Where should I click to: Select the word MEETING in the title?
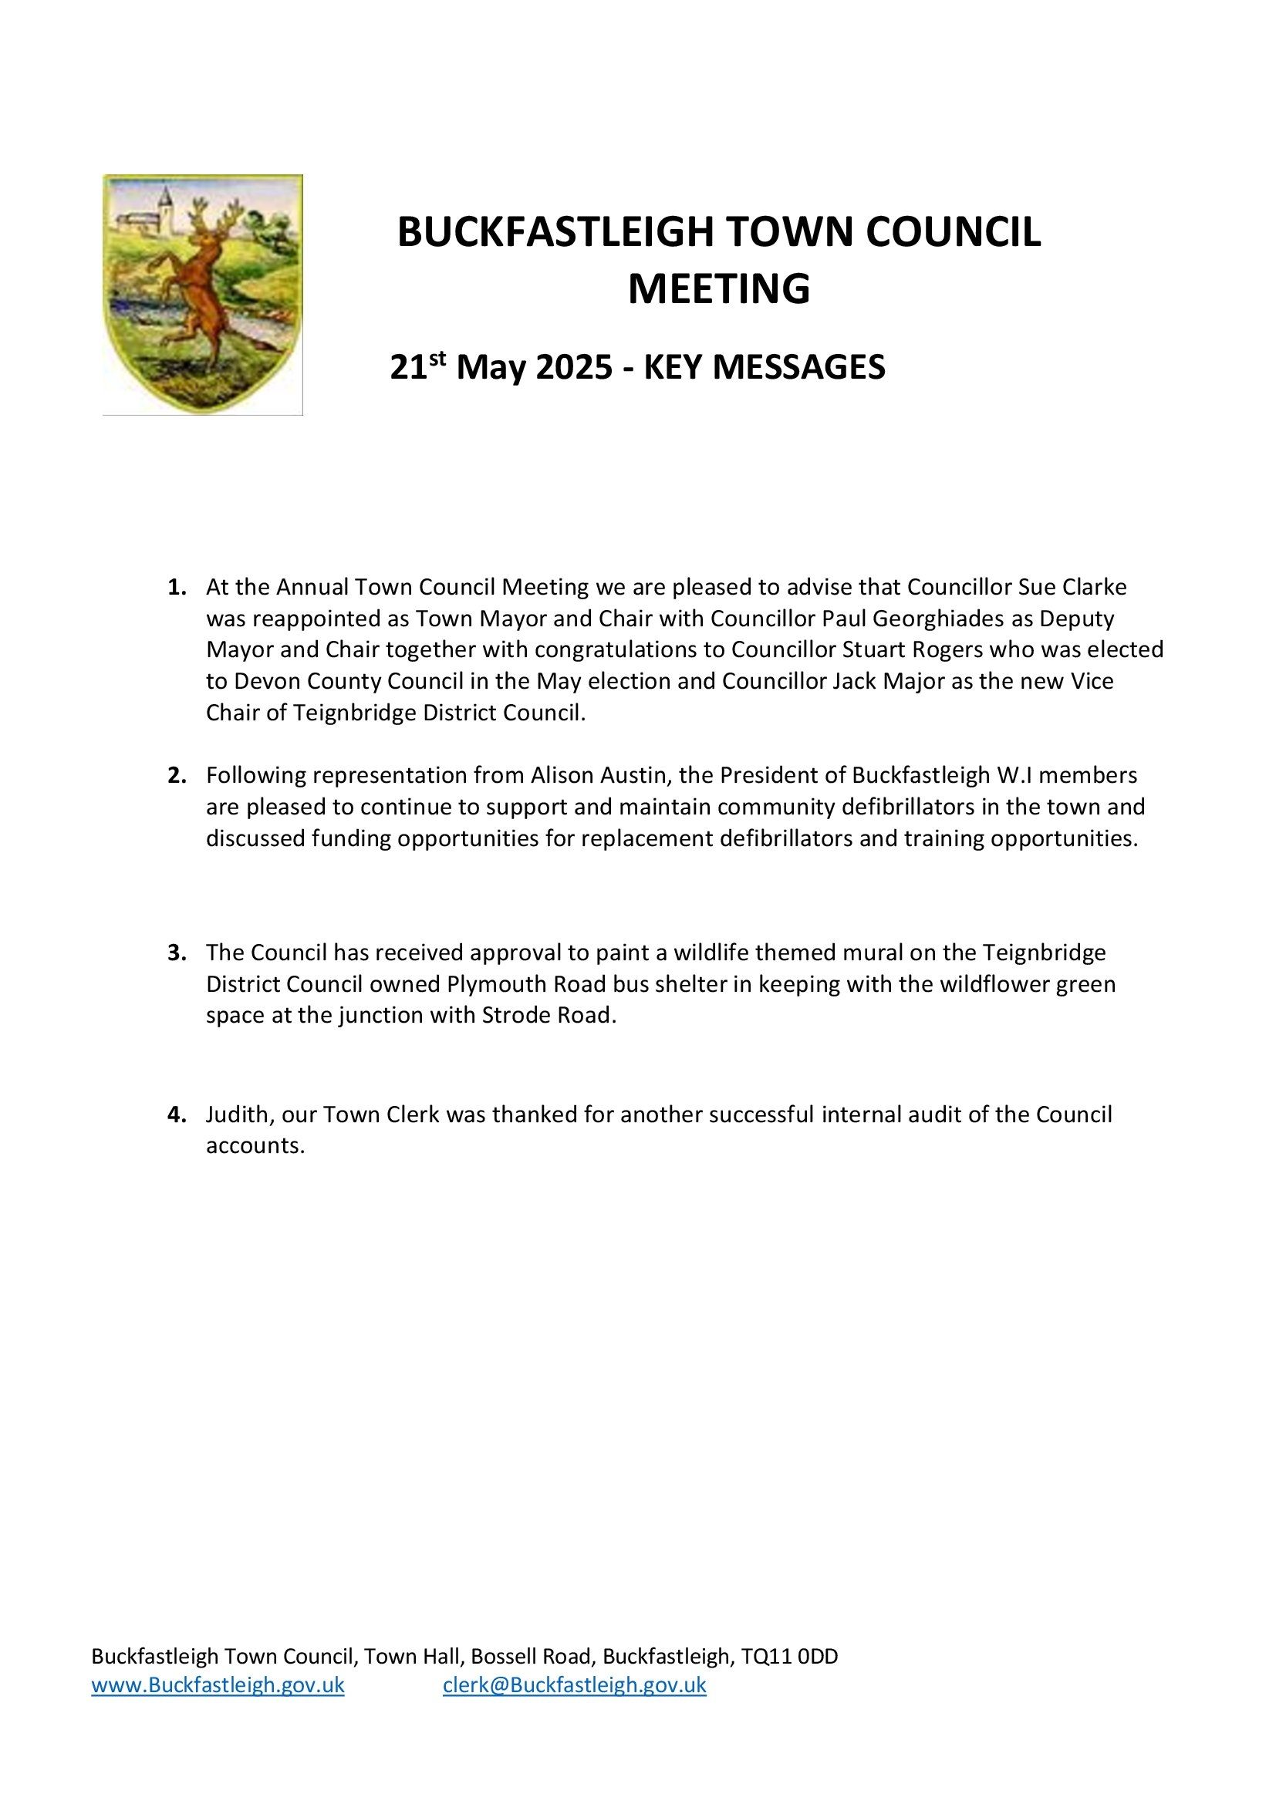point(718,289)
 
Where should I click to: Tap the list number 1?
point(176,588)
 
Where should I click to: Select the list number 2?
point(176,775)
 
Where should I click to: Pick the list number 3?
point(176,953)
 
